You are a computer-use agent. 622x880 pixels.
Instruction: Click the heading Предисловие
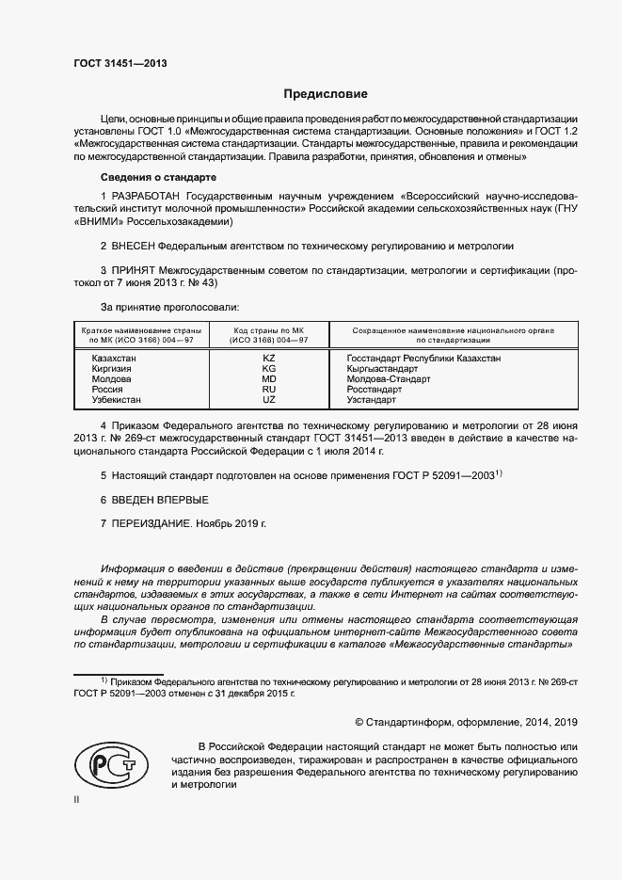pos(326,94)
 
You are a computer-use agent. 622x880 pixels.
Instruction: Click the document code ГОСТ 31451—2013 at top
pos(120,63)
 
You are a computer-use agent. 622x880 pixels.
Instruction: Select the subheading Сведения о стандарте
pos(159,176)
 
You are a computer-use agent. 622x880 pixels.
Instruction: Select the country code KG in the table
pos(268,369)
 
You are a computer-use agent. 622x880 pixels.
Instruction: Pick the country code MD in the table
pos(268,379)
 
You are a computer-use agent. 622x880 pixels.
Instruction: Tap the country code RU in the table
pos(268,390)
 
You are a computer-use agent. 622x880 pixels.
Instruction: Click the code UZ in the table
pos(268,400)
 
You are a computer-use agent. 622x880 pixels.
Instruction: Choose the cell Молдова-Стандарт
pos(389,379)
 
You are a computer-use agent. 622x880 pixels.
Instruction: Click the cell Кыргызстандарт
pos(381,369)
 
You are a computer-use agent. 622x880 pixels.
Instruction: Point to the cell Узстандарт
pos(372,400)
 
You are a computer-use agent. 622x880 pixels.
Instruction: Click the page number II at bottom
pos(77,800)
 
